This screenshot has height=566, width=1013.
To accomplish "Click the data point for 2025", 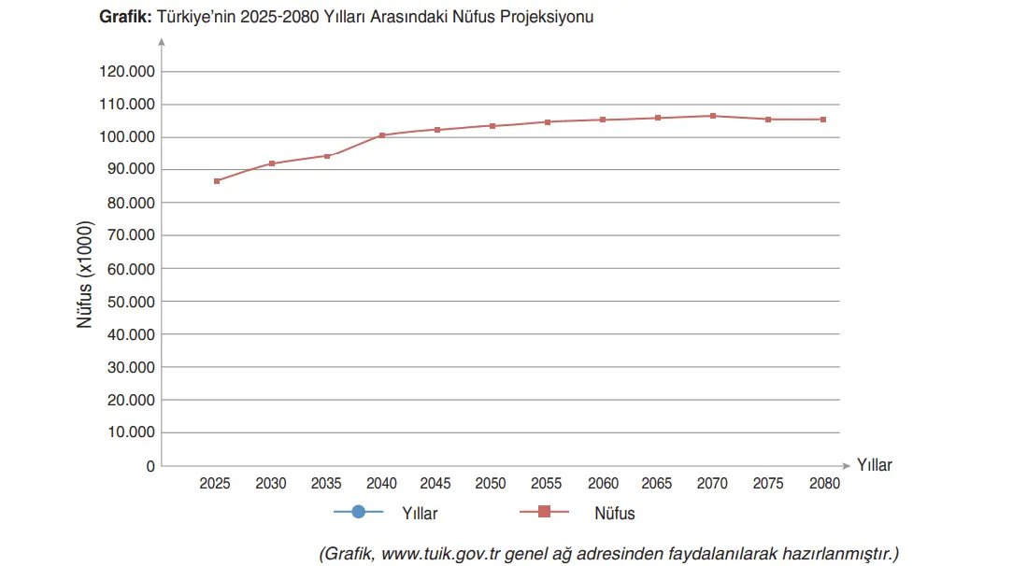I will pos(217,180).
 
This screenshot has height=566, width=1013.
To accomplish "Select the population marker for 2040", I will pos(382,135).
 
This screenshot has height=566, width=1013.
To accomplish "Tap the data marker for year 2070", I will pos(713,116).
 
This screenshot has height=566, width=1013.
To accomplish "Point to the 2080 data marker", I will pos(823,120).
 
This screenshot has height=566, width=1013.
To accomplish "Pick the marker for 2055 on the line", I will pos(548,121).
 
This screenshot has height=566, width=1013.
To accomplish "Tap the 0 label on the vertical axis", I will pos(150,466).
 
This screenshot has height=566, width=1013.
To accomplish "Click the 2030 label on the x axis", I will pos(271,484).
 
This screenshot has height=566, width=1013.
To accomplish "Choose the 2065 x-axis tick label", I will pos(657,484).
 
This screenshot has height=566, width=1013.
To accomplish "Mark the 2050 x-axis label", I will pos(491,484).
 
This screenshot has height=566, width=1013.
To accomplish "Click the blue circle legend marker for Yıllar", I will pos(358,512).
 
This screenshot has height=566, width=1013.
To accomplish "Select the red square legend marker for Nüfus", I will pos(545,512).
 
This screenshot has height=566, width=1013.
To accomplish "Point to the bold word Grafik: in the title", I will pos(125,17).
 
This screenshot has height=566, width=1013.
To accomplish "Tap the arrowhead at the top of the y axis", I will pos(162,42).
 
